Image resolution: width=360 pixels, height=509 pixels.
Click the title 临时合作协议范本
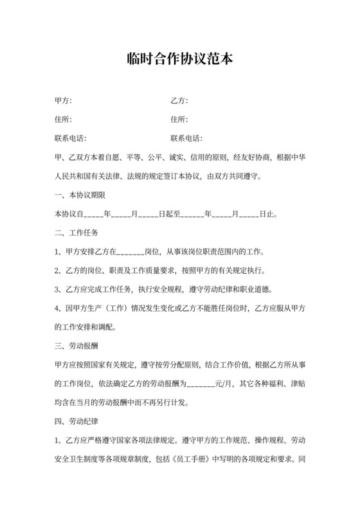point(179,59)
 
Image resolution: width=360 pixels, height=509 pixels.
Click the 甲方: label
point(63,102)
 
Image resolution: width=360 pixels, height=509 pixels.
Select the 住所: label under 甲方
point(63,120)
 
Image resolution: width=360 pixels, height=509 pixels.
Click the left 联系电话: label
point(71,138)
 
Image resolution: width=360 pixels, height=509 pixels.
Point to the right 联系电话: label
point(186,138)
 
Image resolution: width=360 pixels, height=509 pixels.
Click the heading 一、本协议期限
point(80,194)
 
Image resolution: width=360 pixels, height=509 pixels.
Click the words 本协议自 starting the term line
point(69,213)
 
